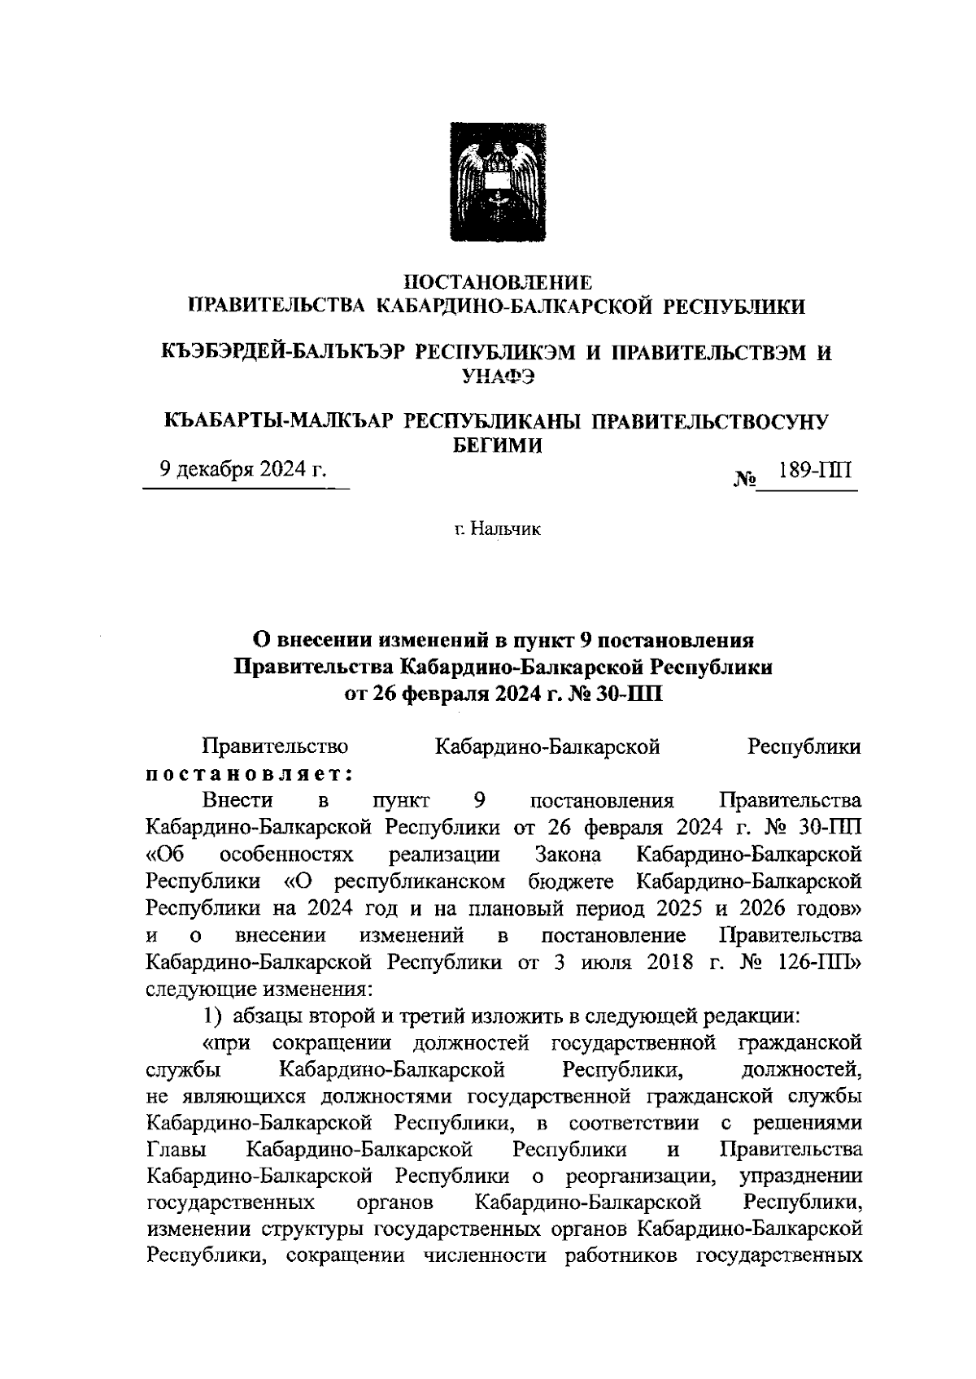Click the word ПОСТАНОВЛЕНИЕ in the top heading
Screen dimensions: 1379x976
pyautogui.click(x=498, y=282)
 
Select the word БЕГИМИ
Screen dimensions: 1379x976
pyautogui.click(x=497, y=445)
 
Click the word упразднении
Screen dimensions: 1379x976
pyautogui.click(x=800, y=1177)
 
